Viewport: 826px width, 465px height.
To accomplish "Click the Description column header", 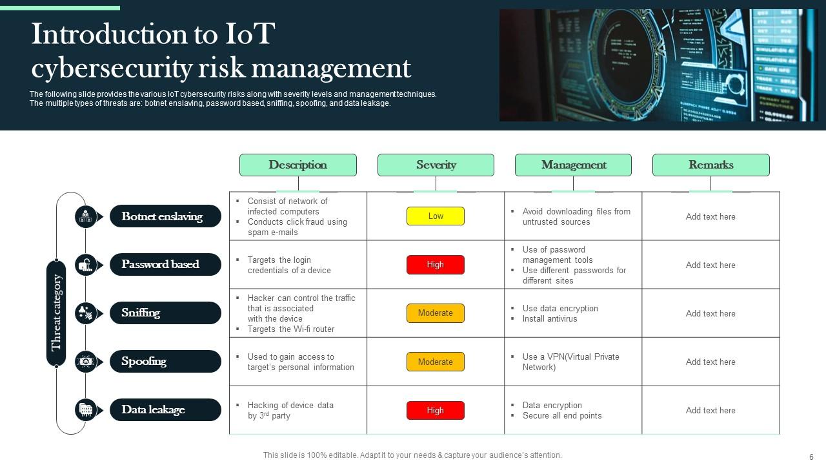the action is [x=298, y=165].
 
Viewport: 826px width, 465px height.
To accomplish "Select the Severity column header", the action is [x=436, y=165].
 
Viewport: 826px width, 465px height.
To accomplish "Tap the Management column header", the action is [x=574, y=165].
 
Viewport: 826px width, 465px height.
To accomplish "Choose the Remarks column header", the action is [x=711, y=165].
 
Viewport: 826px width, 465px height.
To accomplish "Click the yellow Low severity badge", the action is [x=436, y=216].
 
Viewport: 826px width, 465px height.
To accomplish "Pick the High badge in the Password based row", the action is [x=436, y=265].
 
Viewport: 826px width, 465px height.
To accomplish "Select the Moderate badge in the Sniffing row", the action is [x=436, y=313].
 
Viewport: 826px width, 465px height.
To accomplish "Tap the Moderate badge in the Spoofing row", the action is [x=436, y=362].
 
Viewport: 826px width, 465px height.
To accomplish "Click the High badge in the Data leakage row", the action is [x=436, y=410].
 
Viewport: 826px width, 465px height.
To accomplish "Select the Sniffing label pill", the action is [x=166, y=313].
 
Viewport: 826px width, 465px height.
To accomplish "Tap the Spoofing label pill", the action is [x=166, y=361].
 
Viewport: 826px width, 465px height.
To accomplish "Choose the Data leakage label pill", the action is [x=166, y=409].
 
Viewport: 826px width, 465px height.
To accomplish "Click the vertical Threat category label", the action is [x=56, y=313].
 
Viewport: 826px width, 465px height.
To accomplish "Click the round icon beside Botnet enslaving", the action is [x=86, y=216].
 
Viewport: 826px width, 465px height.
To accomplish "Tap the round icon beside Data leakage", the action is [x=86, y=409].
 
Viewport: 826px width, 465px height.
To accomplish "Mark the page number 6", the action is [x=811, y=457].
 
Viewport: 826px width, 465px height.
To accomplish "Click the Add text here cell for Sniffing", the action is [x=710, y=313].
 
